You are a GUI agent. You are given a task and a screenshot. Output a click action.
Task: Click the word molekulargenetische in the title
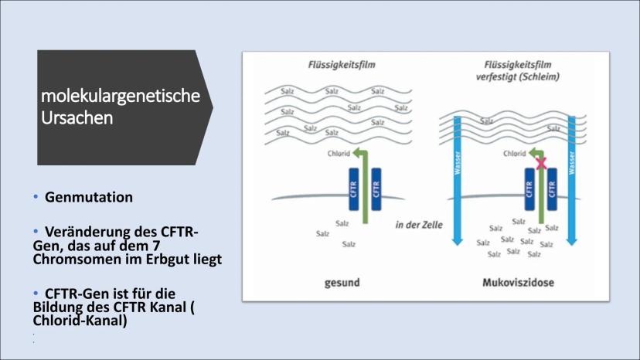click(x=121, y=97)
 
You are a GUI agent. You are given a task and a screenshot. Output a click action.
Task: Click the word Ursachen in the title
click(x=77, y=118)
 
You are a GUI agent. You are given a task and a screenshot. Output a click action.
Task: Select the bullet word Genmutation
click(x=89, y=197)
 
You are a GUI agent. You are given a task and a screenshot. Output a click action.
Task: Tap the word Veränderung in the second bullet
click(x=81, y=232)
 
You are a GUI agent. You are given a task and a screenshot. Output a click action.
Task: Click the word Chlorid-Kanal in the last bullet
click(x=80, y=321)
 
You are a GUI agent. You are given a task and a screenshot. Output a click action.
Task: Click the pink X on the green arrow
click(x=541, y=163)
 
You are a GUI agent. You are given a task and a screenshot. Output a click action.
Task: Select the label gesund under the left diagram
click(x=342, y=283)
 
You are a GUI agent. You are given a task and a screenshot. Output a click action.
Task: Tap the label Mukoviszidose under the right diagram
click(x=519, y=283)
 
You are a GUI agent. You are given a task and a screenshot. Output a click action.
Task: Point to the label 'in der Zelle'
click(x=419, y=225)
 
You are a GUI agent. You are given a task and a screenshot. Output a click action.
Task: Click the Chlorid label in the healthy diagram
click(x=339, y=154)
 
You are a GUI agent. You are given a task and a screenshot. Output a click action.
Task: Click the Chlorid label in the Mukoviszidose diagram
click(x=514, y=154)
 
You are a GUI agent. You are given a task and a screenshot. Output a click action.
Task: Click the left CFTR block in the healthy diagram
click(x=353, y=189)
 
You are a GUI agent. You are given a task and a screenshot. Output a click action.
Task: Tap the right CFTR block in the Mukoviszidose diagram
click(x=552, y=189)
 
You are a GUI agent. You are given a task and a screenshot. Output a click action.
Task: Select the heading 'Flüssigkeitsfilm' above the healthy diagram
click(x=342, y=65)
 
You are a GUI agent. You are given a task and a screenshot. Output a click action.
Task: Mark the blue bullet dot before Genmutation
click(x=36, y=197)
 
